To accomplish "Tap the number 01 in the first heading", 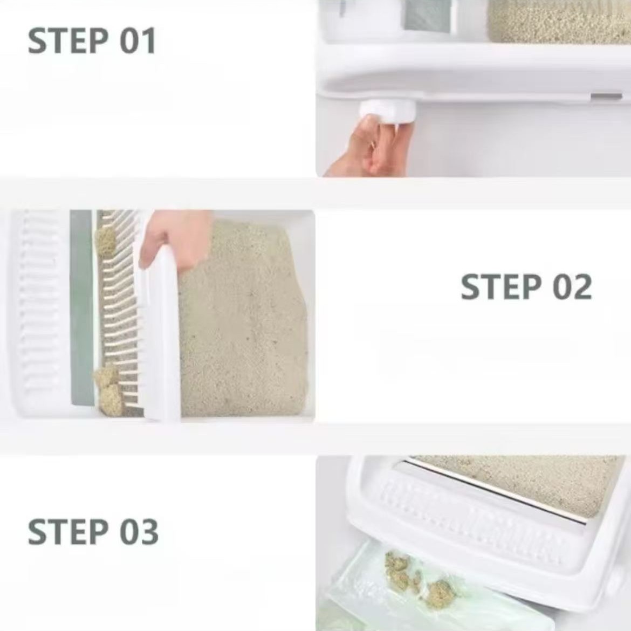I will (x=136, y=41).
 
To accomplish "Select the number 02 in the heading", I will (x=572, y=287).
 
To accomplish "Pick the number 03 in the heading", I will (x=138, y=532).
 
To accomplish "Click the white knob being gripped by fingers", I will (x=387, y=112).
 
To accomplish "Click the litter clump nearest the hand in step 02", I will (x=105, y=240).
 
